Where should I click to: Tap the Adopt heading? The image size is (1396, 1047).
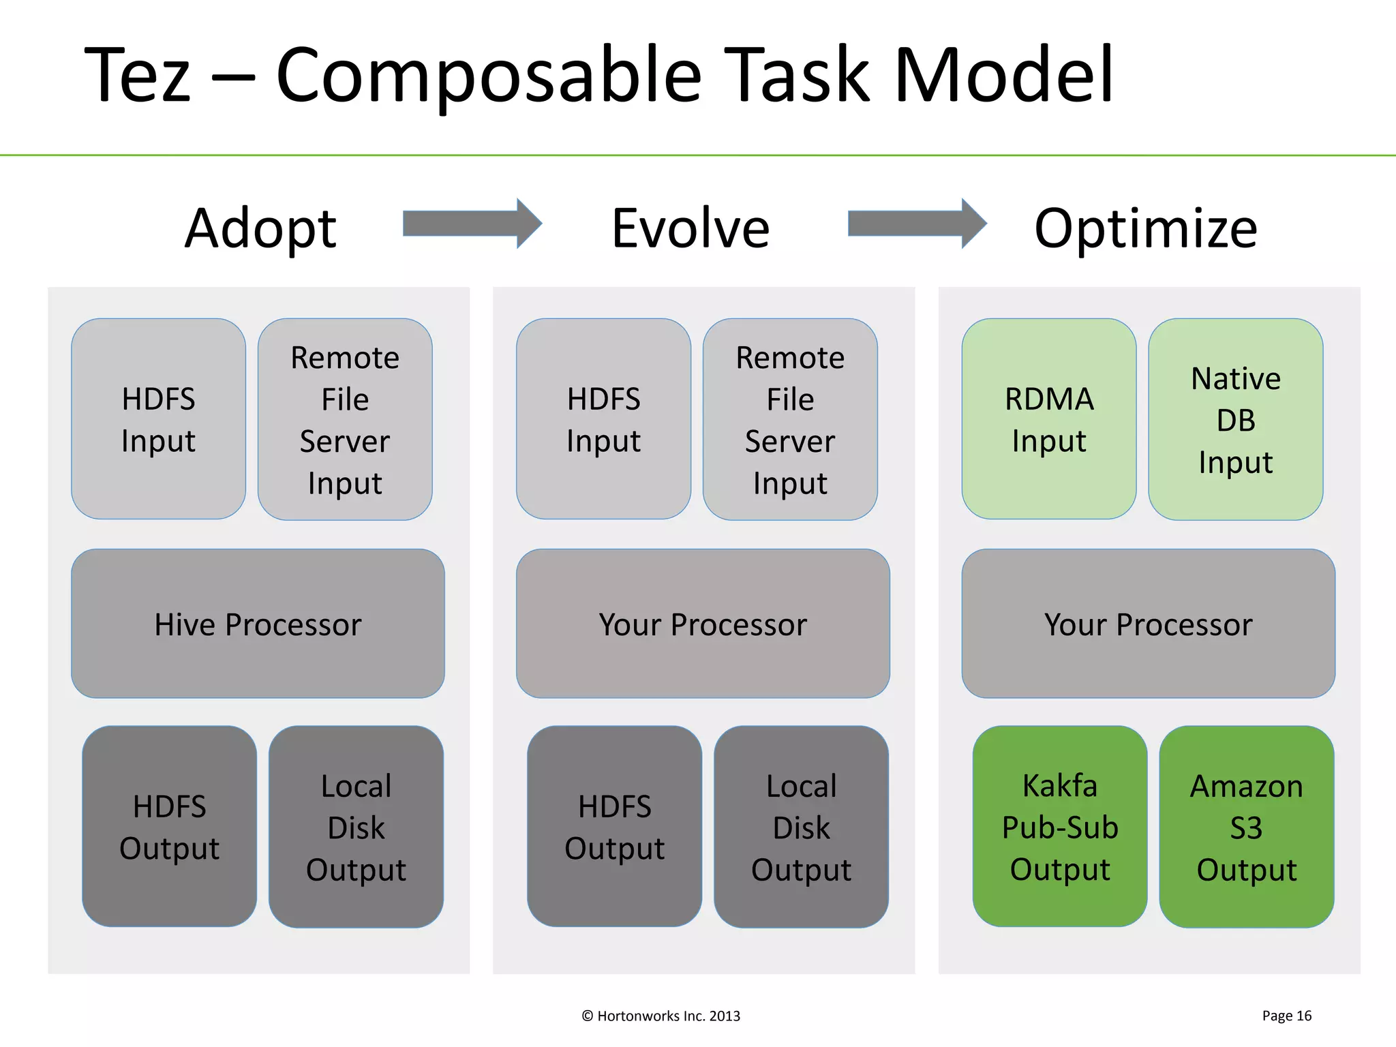coord(260,228)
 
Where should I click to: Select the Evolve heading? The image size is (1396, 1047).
coord(691,228)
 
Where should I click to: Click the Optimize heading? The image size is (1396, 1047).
coord(1146,228)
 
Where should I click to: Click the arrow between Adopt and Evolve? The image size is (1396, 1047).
coord(472,224)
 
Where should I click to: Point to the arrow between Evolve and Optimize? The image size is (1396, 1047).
coord(916,224)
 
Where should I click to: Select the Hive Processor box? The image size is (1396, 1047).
coord(258,624)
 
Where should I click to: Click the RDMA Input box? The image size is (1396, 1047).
coord(1048,419)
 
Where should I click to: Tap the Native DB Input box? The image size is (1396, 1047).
coord(1235,419)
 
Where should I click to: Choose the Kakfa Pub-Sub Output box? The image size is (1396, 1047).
coord(1059,826)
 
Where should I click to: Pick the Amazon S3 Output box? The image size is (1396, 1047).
coord(1246,826)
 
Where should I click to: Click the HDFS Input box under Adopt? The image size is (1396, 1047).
coord(158,419)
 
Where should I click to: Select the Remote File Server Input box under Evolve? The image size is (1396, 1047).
coord(790,419)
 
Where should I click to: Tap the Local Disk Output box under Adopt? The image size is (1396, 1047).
coord(356,826)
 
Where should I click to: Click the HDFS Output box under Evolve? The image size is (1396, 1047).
coord(614,826)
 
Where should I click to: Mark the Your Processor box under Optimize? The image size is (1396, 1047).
coord(1148,624)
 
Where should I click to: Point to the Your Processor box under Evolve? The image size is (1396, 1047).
coord(703,624)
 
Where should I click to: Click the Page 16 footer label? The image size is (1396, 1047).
coord(1286,1016)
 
